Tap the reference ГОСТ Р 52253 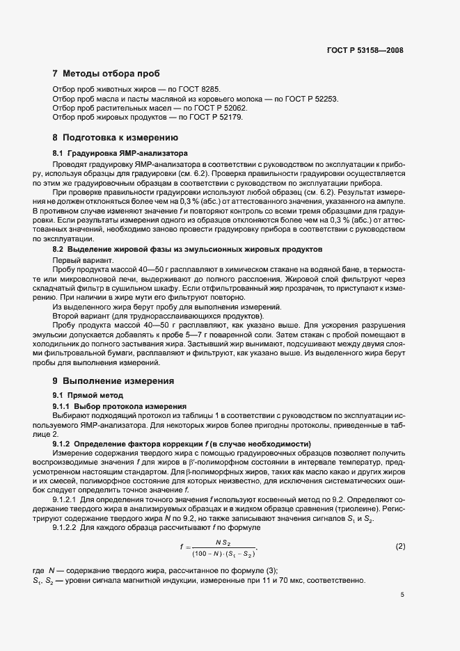pyautogui.click(x=310, y=99)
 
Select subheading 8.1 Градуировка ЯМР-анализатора pyautogui.click(x=120, y=152)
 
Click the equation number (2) pyautogui.click(x=400, y=547)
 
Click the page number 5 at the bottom pyautogui.click(x=402, y=595)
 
